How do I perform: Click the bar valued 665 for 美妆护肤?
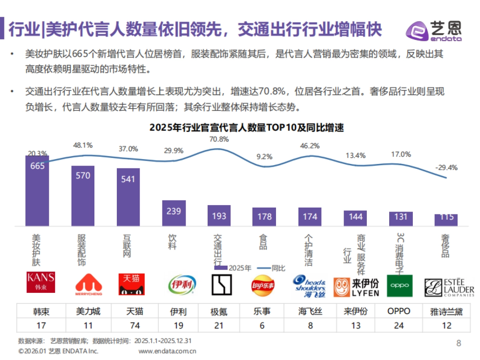click(37, 190)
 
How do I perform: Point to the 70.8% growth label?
click(219, 139)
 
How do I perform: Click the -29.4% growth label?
click(446, 167)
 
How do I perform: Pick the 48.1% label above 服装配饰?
click(83, 145)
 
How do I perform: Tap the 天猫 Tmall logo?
click(132, 284)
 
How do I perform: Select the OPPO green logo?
click(400, 286)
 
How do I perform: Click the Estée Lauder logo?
click(448, 287)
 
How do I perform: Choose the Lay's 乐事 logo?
click(263, 285)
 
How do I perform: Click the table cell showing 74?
click(135, 325)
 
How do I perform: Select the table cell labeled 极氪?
click(219, 311)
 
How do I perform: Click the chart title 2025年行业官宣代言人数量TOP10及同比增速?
click(246, 128)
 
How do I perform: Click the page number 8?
click(458, 343)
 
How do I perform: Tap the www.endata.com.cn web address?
click(167, 351)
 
